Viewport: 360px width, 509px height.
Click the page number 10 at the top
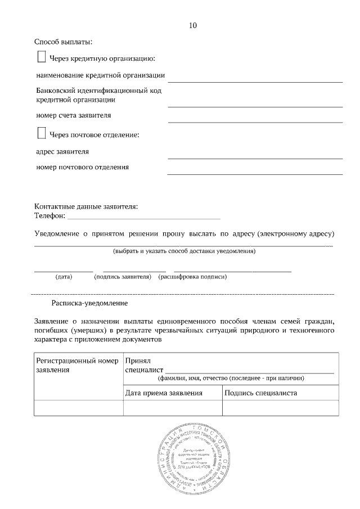click(x=193, y=25)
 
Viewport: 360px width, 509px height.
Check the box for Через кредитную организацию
click(x=41, y=57)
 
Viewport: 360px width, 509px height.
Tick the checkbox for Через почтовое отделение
click(x=41, y=133)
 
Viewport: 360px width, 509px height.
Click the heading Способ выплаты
click(x=63, y=42)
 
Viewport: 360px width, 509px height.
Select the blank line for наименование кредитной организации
click(x=255, y=81)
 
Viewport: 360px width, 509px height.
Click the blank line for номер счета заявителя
click(x=255, y=121)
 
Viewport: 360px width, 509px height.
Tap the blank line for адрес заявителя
click(x=255, y=158)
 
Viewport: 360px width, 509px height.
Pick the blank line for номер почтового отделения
click(x=255, y=173)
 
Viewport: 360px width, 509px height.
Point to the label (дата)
click(x=64, y=277)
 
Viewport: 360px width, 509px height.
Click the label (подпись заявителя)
click(x=123, y=277)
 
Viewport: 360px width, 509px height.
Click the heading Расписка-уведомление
click(x=89, y=303)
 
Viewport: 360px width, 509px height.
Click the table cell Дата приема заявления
click(x=163, y=393)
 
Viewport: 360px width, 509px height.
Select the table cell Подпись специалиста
click(x=260, y=393)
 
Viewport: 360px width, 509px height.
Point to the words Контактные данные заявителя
click(x=86, y=206)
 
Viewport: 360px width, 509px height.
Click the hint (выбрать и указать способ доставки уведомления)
click(x=184, y=251)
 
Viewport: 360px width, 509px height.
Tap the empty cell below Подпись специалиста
click(x=281, y=408)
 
